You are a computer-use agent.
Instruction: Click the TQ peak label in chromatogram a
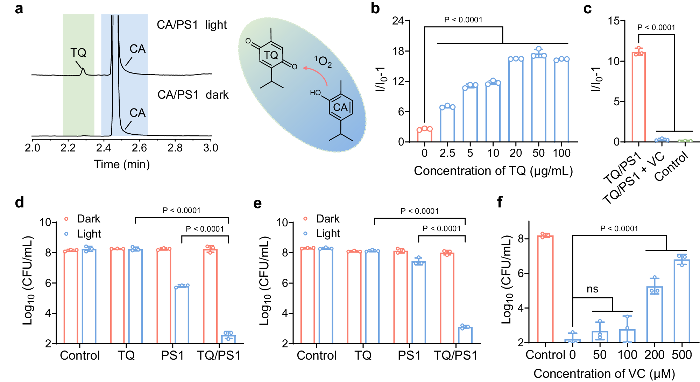point(78,53)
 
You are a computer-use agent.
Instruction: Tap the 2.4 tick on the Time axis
point(104,148)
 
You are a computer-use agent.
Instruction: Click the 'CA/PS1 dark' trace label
point(192,95)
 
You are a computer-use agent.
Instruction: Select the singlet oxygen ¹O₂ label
point(323,62)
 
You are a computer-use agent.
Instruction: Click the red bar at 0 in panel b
point(424,135)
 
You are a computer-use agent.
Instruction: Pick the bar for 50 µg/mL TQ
point(538,98)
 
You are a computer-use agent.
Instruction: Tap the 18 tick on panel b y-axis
point(398,51)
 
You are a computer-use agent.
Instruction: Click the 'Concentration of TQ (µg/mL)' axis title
point(493,171)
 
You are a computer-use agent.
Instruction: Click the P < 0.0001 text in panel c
point(656,28)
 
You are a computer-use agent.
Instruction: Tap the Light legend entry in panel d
point(89,234)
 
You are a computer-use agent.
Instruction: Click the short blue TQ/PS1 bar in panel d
point(228,339)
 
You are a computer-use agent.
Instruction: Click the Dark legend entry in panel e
point(327,219)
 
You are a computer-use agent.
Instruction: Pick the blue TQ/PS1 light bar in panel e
point(465,335)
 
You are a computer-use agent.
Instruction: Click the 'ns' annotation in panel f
point(592,289)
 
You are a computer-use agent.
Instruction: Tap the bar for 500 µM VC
point(682,301)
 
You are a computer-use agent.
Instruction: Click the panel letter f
point(500,202)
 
